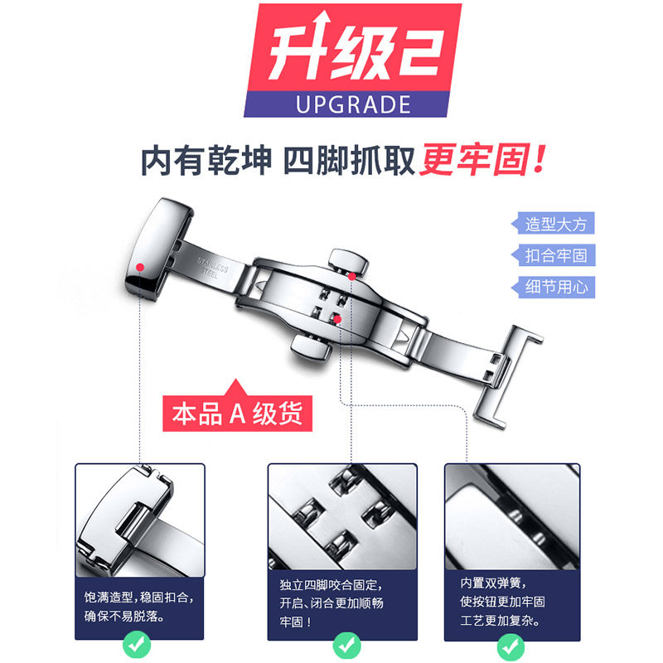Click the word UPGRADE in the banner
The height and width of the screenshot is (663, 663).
[x=352, y=104]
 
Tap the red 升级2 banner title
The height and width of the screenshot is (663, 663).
[x=353, y=51]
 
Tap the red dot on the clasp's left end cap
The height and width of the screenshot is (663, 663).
[x=142, y=267]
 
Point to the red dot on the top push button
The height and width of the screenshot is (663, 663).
[x=352, y=275]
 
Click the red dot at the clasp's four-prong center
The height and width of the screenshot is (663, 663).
[x=337, y=317]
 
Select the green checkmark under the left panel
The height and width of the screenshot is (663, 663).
[x=139, y=643]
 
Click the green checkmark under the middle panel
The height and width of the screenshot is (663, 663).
[x=341, y=643]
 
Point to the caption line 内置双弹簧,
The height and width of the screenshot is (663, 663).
[x=491, y=582]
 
